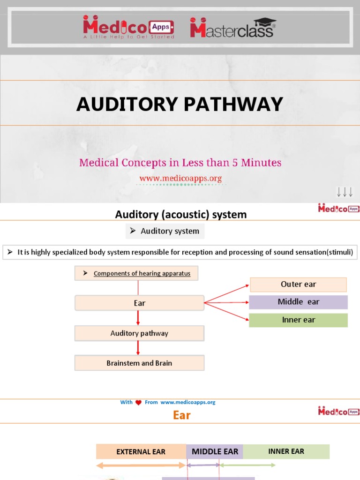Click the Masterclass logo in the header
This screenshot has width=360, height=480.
232,28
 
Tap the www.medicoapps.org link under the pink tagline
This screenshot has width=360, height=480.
180,178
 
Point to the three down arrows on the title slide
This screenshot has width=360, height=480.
345,192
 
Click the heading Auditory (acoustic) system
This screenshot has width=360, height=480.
180,215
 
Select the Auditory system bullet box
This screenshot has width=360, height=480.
165,231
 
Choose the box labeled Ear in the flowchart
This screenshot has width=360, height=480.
139,303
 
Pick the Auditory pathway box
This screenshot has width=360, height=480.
139,333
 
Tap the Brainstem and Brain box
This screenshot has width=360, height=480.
139,363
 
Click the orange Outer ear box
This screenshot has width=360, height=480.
298,284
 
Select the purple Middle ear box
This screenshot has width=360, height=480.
298,302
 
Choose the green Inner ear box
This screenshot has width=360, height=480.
298,320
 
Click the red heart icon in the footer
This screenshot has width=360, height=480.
138,403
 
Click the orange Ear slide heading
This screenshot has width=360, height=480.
181,415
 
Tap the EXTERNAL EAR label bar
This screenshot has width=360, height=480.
141,452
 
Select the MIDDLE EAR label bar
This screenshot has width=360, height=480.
215,452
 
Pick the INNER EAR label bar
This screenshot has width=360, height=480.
286,451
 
